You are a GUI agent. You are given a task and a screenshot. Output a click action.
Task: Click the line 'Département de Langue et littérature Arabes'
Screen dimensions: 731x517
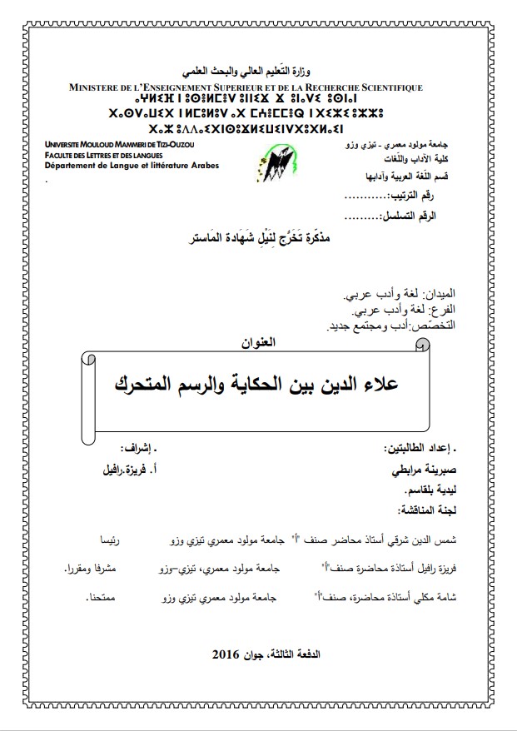132,166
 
